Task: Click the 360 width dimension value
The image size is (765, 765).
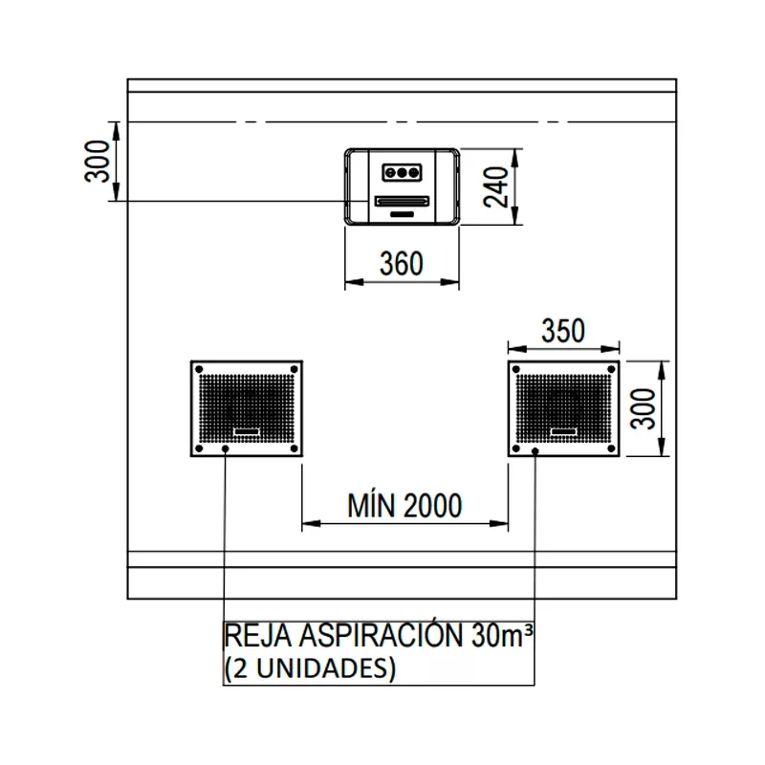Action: click(x=401, y=264)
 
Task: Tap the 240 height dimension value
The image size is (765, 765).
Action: click(x=495, y=186)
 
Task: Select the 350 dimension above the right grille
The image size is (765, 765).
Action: click(x=563, y=331)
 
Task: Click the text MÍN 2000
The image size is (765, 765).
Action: click(x=404, y=506)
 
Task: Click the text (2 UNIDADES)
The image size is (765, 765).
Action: click(x=310, y=667)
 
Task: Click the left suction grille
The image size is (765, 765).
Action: click(x=247, y=409)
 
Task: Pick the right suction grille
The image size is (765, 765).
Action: click(x=563, y=409)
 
